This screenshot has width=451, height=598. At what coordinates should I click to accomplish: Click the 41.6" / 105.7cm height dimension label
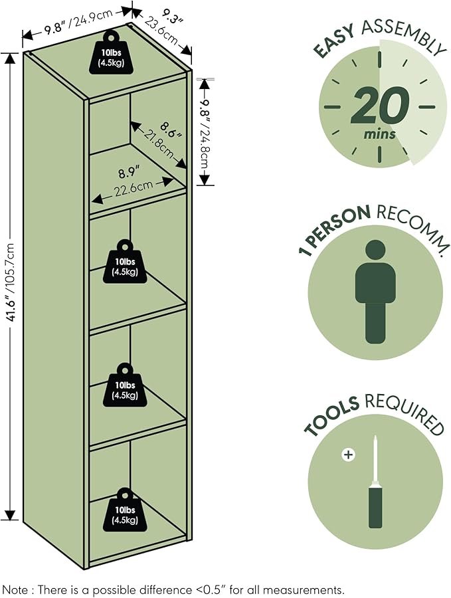11,282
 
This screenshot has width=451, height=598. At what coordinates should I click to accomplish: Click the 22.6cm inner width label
134,189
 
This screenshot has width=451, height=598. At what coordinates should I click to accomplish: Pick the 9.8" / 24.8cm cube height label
206,134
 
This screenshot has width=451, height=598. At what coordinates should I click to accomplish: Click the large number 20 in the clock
379,106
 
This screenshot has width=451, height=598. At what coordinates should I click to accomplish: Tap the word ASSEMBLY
404,35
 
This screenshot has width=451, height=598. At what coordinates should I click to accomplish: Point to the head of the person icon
375,250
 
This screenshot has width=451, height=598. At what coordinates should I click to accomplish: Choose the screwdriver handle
375,506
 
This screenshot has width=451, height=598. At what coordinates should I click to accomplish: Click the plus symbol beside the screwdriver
348,454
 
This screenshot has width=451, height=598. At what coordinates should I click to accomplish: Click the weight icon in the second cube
125,261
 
